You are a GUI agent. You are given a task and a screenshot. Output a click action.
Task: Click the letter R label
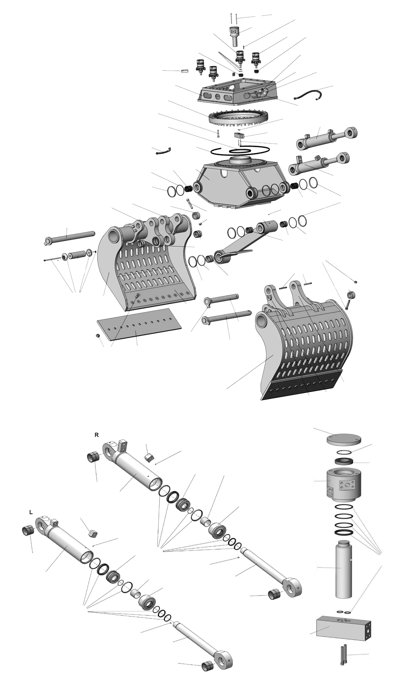tap(97, 435)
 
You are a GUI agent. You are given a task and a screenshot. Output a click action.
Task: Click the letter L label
tap(31, 512)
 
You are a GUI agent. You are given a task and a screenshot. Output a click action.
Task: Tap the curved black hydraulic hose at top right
tap(307, 94)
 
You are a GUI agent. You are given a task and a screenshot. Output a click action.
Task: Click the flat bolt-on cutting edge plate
tap(139, 324)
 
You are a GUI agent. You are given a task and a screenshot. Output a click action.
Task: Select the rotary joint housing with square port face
tap(344, 482)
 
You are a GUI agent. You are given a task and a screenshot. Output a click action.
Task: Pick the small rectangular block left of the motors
tap(184, 71)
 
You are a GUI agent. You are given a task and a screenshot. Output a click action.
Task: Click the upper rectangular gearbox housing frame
tap(237, 91)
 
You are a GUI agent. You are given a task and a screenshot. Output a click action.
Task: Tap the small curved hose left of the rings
tap(163, 151)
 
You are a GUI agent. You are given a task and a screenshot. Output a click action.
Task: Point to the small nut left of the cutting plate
tap(98, 335)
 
